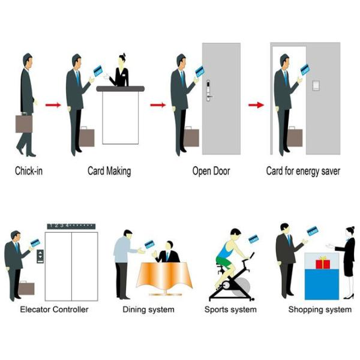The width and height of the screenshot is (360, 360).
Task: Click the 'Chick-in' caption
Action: (x=29, y=171)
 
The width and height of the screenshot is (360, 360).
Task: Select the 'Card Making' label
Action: (x=109, y=171)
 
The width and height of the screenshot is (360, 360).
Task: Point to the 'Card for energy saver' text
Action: (x=303, y=171)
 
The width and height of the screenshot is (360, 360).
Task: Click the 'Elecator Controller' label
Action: (x=54, y=310)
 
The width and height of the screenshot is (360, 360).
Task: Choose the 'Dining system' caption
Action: (x=148, y=310)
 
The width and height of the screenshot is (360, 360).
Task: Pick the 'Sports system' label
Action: (x=230, y=310)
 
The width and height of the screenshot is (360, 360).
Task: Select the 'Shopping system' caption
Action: (x=320, y=310)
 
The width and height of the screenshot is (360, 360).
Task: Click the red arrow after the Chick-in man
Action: (x=53, y=105)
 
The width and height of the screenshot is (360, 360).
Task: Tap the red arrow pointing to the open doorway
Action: (x=256, y=105)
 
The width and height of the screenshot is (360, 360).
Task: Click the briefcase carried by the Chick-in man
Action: (x=24, y=123)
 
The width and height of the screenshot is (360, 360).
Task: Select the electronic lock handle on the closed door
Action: (x=209, y=89)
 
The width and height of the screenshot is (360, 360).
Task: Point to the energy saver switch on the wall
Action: (x=316, y=84)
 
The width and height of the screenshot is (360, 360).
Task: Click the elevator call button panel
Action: (x=40, y=256)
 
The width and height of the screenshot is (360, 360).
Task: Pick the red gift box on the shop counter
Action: (x=323, y=262)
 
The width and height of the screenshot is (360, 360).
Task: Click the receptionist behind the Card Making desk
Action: (x=121, y=72)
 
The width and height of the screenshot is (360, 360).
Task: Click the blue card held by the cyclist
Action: (x=253, y=239)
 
